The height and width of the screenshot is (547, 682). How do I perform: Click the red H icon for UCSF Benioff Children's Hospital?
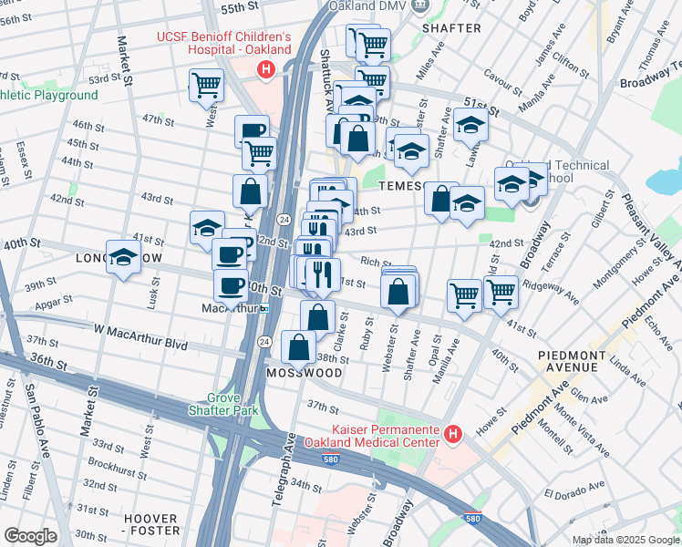(265, 69)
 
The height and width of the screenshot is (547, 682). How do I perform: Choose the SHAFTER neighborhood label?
(451, 28)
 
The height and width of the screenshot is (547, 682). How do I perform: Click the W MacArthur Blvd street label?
(139, 345)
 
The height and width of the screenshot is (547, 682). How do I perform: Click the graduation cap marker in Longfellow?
(123, 259)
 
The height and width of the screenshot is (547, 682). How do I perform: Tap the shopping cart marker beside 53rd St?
(206, 86)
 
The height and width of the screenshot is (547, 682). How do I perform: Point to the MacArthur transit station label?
(231, 308)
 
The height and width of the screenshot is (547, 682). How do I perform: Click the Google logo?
(30, 535)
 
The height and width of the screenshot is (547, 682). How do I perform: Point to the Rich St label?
(370, 262)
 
